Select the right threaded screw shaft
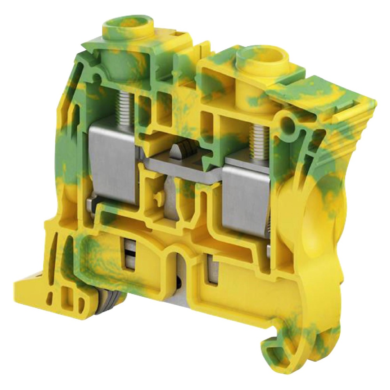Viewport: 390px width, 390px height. click(x=258, y=142)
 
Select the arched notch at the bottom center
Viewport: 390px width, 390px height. click(x=180, y=269)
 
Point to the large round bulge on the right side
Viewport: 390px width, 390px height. click(x=312, y=218)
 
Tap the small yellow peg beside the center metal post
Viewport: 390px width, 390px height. click(x=158, y=197)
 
